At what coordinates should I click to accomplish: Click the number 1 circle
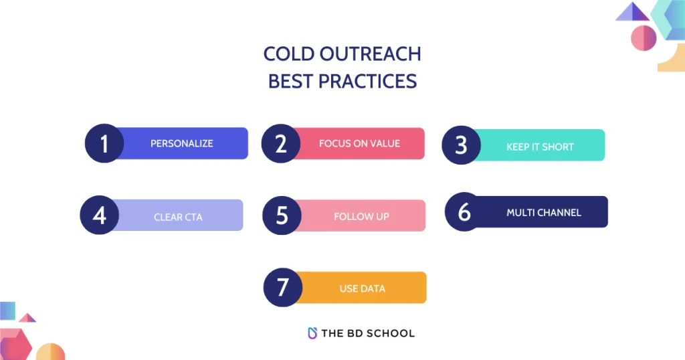(x=104, y=143)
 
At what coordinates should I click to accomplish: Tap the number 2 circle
(x=281, y=143)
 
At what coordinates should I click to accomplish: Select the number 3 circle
(x=461, y=145)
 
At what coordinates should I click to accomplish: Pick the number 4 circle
(x=100, y=215)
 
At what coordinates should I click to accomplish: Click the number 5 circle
(x=282, y=215)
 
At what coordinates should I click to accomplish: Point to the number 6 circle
(x=464, y=212)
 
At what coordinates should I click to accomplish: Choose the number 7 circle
(x=283, y=287)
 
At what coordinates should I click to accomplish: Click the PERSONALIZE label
(x=181, y=143)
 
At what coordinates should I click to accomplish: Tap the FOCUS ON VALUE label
(x=359, y=143)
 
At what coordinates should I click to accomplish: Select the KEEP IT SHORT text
(x=540, y=147)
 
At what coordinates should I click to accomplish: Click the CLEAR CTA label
(x=178, y=217)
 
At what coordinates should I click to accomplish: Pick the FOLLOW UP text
(x=361, y=217)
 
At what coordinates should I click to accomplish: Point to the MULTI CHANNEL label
(x=543, y=213)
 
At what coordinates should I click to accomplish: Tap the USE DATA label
(x=362, y=288)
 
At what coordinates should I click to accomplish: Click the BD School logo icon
(x=312, y=333)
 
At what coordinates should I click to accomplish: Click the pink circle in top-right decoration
(x=644, y=37)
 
